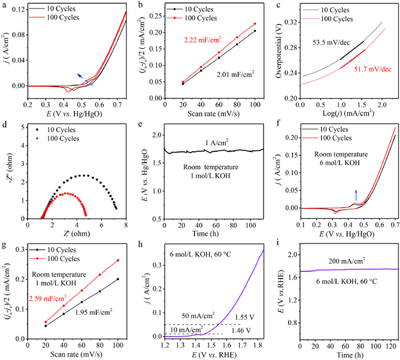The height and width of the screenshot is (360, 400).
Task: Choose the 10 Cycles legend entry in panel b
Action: point(207,10)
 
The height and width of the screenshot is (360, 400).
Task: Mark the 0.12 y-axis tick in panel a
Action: point(15,11)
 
